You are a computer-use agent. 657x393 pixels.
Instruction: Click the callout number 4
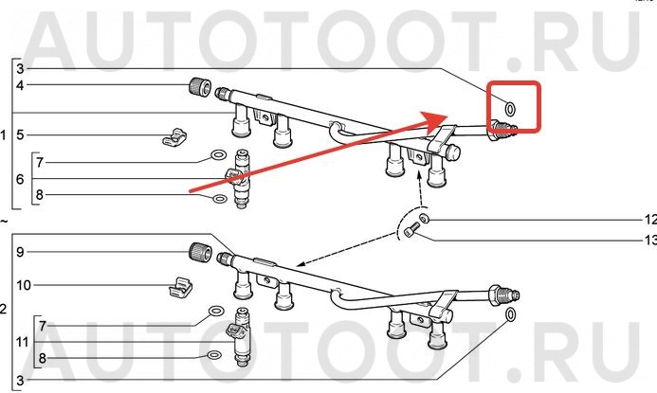click(20, 85)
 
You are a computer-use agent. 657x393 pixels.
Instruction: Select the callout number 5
click(20, 134)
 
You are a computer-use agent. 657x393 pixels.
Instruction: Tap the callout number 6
click(20, 179)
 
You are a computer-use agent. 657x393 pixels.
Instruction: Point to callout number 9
click(20, 252)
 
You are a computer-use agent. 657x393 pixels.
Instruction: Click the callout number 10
click(24, 285)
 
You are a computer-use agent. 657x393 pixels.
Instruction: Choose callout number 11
click(22, 342)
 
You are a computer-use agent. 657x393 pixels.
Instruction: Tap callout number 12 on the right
click(650, 220)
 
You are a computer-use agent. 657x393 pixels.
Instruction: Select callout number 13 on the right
click(650, 241)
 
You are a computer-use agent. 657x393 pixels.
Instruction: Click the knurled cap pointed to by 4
click(199, 86)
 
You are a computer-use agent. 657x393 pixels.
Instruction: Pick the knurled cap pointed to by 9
click(199, 252)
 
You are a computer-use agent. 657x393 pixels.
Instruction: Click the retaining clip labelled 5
click(174, 137)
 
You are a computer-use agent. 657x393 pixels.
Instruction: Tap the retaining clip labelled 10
click(180, 286)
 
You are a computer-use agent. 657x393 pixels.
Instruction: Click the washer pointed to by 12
click(424, 219)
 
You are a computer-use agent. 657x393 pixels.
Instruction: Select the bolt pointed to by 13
click(411, 230)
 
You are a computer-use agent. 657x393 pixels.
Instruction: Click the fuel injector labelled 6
click(239, 179)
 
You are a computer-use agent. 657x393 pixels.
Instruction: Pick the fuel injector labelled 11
click(239, 337)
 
